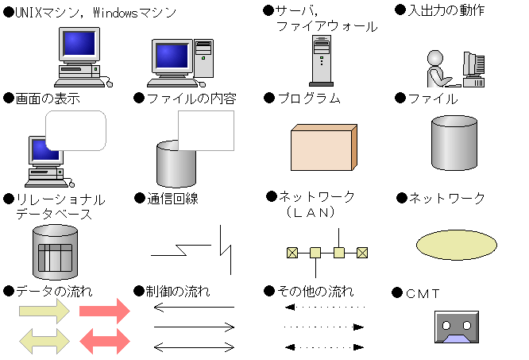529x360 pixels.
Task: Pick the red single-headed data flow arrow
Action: (x=103, y=311)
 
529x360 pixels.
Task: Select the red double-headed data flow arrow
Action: (x=103, y=341)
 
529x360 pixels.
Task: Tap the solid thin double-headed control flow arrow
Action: (x=194, y=346)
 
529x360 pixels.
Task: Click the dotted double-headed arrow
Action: (x=325, y=347)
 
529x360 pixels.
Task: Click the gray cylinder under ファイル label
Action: (x=455, y=145)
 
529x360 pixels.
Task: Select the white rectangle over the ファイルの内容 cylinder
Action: (x=206, y=130)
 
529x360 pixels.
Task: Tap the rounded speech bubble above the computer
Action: (x=75, y=130)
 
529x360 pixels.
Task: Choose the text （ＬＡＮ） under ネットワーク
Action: (x=310, y=213)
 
